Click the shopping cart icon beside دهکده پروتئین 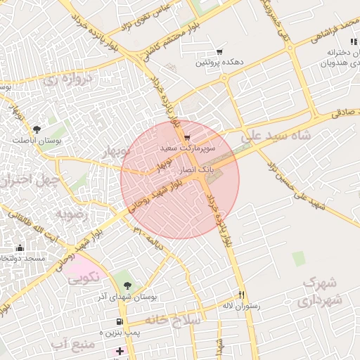(220, 52)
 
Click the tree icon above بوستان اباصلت (37, 129)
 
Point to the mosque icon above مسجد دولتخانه (20, 247)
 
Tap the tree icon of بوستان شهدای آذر (127, 285)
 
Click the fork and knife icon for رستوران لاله (242, 295)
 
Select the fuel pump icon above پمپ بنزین (129, 321)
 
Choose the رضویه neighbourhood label (74, 213)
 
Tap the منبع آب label (73, 343)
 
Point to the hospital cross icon (120, 351)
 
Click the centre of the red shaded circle (180, 179)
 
